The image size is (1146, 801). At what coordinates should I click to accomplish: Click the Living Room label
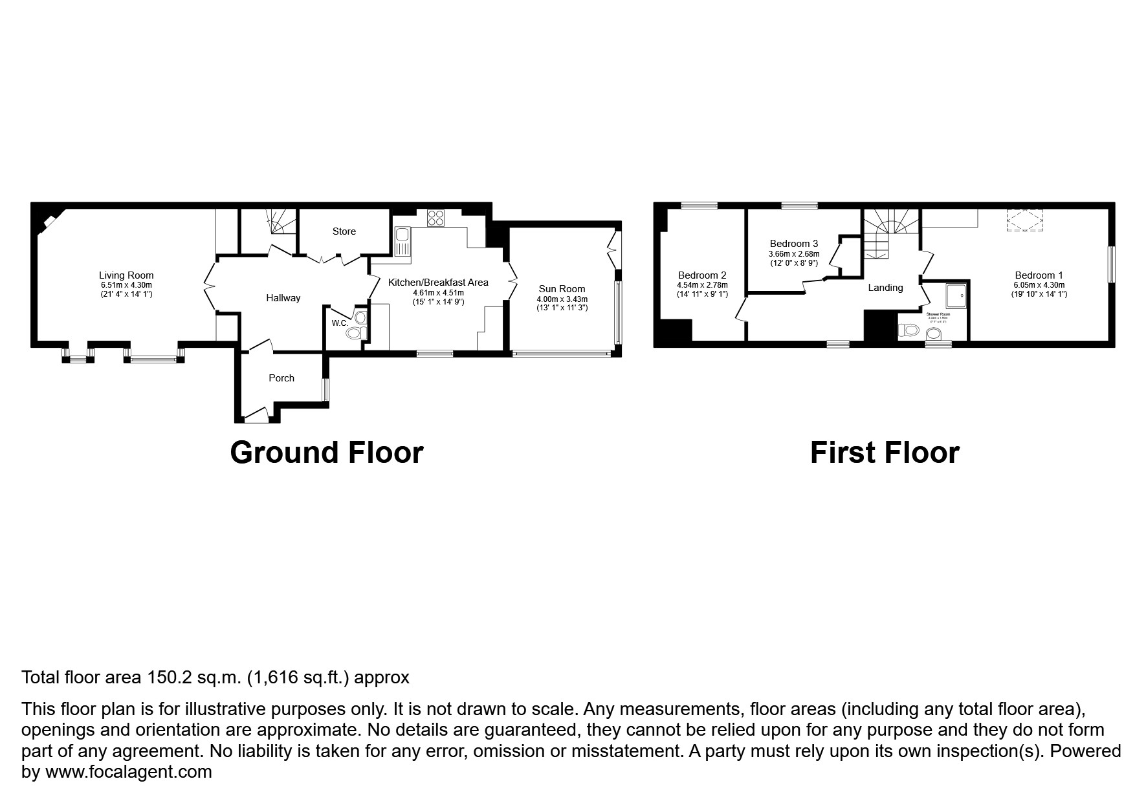coord(126,275)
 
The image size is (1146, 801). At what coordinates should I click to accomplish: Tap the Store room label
coord(344,231)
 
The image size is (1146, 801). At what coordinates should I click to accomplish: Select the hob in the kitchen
coord(435,218)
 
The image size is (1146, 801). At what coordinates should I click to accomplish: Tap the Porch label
coord(281,378)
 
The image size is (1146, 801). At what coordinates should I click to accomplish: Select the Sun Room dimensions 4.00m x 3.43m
coord(562,299)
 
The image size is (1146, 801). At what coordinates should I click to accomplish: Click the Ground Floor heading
coord(326,453)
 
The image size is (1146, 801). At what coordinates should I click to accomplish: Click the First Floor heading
coord(884,453)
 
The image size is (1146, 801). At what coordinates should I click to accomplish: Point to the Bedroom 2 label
coord(702,275)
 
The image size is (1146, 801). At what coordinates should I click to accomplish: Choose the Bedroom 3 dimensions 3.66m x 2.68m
coord(794,253)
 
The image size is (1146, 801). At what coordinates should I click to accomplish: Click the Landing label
coord(885,288)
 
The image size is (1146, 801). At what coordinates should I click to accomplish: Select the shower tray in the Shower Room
coord(956,295)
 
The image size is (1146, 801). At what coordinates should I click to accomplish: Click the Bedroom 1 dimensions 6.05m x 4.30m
coord(1039,284)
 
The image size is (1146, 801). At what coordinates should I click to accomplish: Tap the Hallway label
coord(283,298)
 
